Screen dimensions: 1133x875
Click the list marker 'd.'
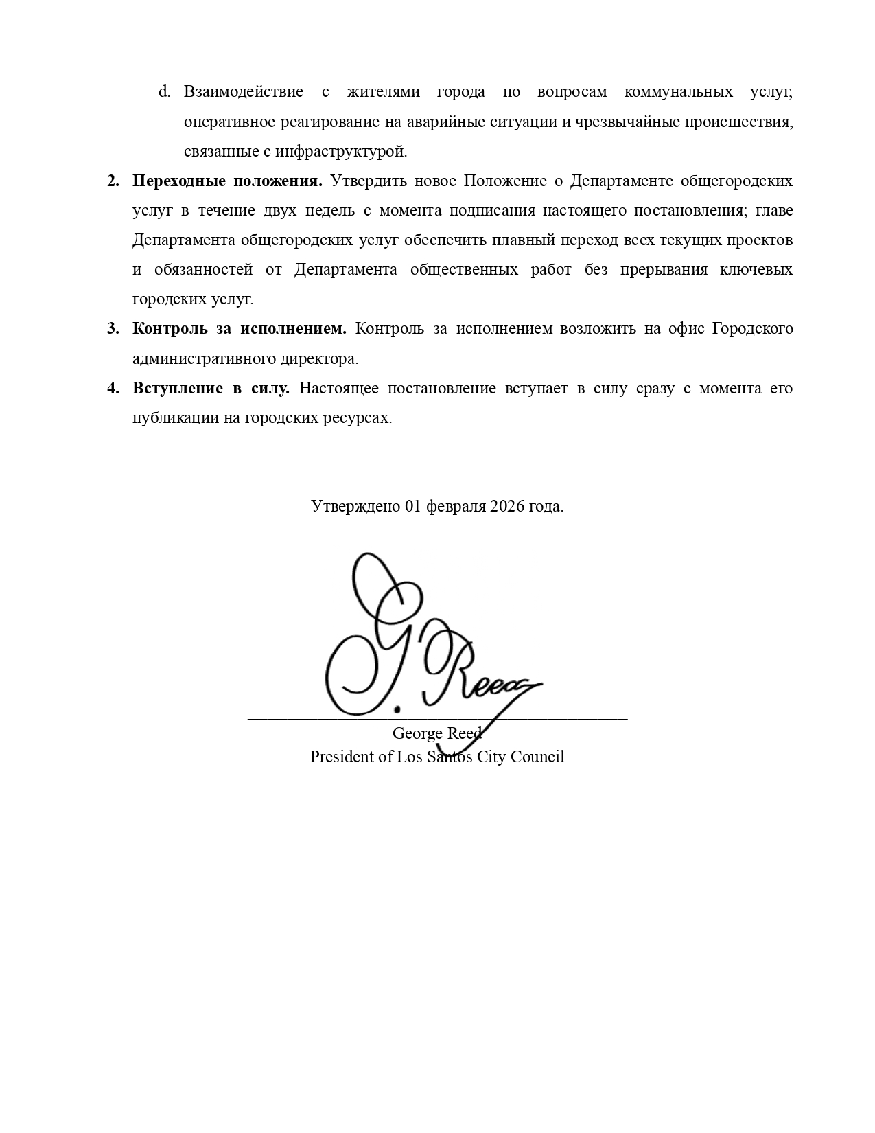[164, 92]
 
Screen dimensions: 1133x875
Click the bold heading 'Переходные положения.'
[227, 181]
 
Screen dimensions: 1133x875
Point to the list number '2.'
[113, 181]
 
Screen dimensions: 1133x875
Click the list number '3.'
[113, 329]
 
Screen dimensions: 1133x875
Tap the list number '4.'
[113, 389]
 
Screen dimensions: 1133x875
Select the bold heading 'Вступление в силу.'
[211, 389]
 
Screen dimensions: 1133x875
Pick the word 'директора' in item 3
[323, 359]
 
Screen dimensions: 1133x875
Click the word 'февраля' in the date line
[455, 507]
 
